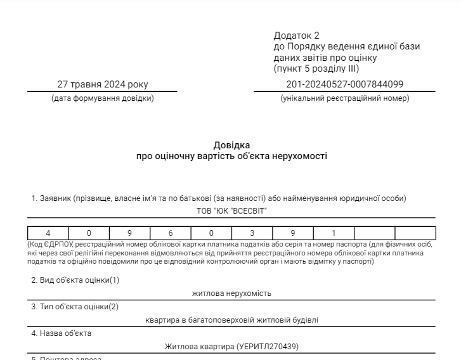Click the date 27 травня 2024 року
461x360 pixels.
(x=102, y=84)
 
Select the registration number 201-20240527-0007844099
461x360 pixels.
(x=344, y=84)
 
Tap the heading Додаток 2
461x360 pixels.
(x=297, y=35)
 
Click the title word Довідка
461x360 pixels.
(x=231, y=145)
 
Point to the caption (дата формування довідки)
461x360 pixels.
(x=102, y=98)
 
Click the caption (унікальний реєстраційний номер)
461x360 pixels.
(x=345, y=98)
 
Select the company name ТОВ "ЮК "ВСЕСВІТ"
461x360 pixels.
(x=231, y=210)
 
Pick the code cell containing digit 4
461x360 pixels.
(x=48, y=233)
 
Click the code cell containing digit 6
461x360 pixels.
(x=171, y=233)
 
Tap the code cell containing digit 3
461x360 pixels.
(x=252, y=233)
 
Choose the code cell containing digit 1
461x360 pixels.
(x=334, y=233)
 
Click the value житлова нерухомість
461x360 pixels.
(x=231, y=293)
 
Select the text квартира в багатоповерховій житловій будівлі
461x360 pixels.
(x=231, y=320)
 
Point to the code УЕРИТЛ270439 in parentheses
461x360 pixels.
(x=267, y=347)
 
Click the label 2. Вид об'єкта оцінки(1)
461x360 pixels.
(x=75, y=280)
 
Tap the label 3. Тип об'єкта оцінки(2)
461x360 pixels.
(x=75, y=307)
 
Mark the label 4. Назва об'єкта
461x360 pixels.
(x=62, y=333)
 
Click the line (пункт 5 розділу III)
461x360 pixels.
(x=316, y=68)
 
